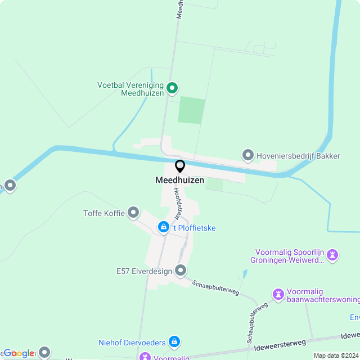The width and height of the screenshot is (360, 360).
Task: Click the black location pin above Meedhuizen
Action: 180,166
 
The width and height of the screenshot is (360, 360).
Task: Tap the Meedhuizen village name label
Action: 180,181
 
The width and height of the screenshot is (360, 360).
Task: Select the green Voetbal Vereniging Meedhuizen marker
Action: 173,88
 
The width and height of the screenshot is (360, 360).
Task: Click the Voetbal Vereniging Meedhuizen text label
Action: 131,89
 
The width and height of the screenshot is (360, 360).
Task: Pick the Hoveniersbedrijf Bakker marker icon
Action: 247,155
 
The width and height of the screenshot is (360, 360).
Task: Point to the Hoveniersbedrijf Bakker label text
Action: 298,155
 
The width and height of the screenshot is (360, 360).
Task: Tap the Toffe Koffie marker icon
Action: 133,212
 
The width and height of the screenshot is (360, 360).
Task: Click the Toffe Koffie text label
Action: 103,213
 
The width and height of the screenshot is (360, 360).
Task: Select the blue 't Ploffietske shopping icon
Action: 163,227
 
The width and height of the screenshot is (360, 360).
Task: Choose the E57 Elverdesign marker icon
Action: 181,271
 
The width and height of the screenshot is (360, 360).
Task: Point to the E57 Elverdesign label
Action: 143,272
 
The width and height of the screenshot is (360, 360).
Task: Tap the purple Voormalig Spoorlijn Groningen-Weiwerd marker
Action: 333,255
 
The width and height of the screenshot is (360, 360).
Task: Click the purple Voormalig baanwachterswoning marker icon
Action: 278,294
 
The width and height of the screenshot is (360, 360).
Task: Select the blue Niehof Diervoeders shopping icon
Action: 174,341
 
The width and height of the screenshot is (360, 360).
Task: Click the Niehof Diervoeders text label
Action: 132,342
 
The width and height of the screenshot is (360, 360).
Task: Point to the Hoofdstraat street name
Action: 178,203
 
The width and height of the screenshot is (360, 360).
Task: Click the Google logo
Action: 18,353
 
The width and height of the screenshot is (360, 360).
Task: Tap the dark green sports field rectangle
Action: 191,110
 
